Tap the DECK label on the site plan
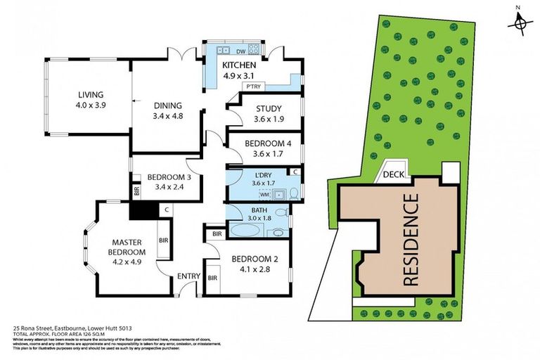393,175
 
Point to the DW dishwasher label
240,51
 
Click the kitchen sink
223,51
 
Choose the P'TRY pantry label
251,86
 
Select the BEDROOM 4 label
264,143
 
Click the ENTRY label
188,276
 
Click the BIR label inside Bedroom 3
136,190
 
